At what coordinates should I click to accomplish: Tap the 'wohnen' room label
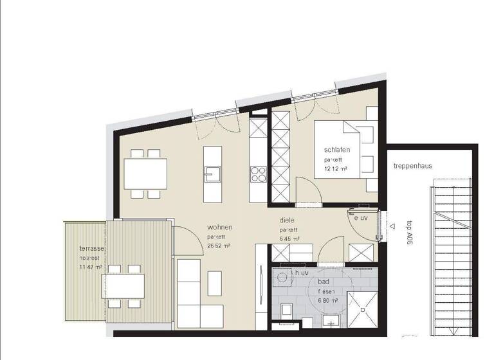pyautogui.click(x=219, y=228)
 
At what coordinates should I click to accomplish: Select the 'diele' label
pyautogui.click(x=287, y=219)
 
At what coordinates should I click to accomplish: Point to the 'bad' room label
pyautogui.click(x=324, y=282)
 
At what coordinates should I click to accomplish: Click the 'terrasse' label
pyautogui.click(x=92, y=248)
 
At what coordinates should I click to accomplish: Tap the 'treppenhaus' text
pyautogui.click(x=413, y=166)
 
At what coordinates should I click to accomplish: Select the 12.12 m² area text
pyautogui.click(x=336, y=169)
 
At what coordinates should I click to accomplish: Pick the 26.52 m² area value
pyautogui.click(x=219, y=246)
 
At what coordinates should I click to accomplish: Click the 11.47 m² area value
pyautogui.click(x=91, y=266)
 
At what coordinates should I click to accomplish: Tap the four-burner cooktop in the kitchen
pyautogui.click(x=258, y=173)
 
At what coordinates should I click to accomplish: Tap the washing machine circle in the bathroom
pyautogui.click(x=282, y=278)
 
